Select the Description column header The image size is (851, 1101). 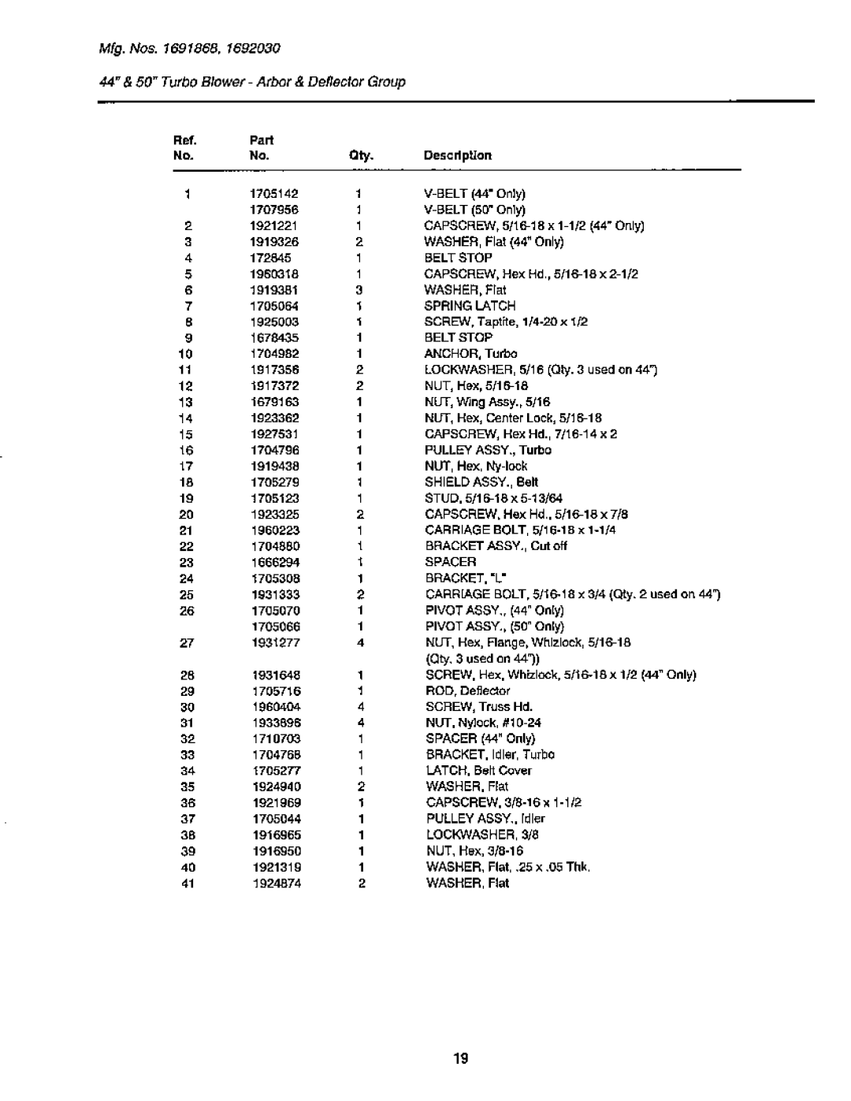457,156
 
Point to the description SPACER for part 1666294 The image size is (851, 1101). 451,562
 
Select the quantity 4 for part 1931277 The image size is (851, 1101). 359,643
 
